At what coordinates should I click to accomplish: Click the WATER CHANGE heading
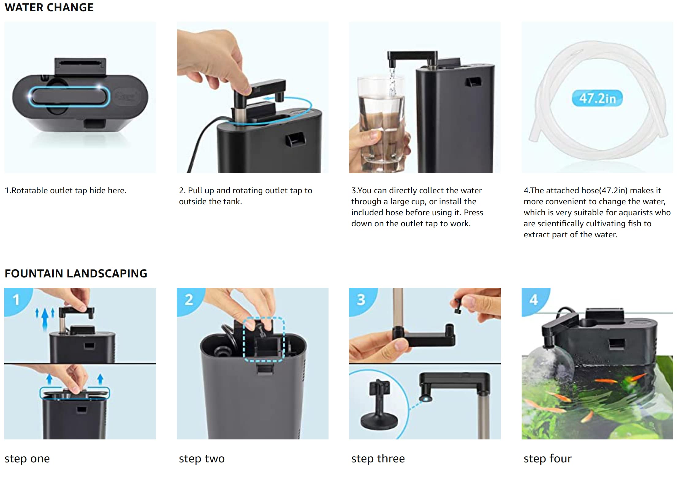pos(49,7)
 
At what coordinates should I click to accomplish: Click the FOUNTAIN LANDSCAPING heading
pos(76,273)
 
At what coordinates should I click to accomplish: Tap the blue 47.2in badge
pos(597,98)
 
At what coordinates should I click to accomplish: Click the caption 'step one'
pos(27,459)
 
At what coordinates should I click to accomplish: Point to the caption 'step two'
pos(202,459)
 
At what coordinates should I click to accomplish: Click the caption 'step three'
pos(378,459)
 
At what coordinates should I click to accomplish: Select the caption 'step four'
pos(548,459)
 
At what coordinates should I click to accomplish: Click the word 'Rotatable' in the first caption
pos(30,190)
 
